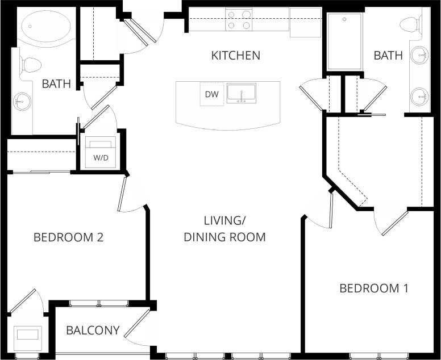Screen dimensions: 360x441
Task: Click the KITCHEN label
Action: (236, 55)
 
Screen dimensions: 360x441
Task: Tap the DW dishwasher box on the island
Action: (211, 94)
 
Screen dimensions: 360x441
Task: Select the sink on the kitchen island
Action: (242, 93)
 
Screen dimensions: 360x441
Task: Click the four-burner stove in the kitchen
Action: (239, 19)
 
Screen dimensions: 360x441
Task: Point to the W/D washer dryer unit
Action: (100, 153)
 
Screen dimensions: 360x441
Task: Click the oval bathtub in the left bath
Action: (45, 27)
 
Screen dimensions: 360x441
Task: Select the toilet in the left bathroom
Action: (30, 65)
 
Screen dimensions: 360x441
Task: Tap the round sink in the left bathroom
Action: (22, 102)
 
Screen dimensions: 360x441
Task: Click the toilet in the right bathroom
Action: (410, 24)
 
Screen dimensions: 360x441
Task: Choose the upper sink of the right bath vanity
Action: (420, 55)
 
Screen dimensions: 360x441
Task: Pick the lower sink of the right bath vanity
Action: (420, 96)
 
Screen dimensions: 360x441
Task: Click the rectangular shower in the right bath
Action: (344, 41)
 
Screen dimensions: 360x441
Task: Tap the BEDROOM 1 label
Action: (373, 288)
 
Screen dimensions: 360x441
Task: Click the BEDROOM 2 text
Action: (68, 237)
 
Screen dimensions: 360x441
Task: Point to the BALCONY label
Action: (93, 330)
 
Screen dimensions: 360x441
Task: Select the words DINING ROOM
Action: (224, 237)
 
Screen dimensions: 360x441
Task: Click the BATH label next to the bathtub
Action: (56, 84)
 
